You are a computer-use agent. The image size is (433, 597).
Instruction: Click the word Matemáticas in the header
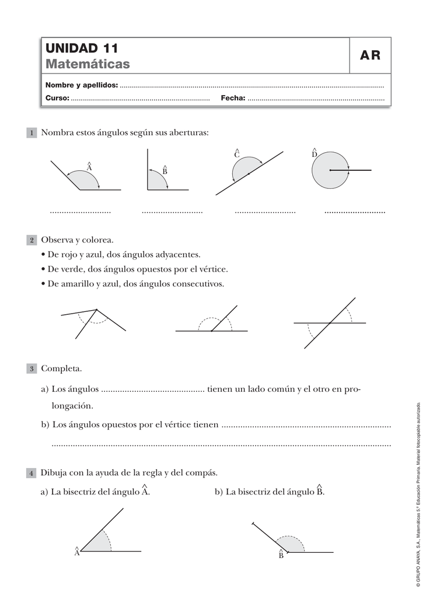pyautogui.click(x=88, y=64)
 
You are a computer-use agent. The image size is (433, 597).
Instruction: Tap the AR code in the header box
pyautogui.click(x=370, y=56)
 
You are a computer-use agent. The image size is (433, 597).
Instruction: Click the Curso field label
pyautogui.click(x=57, y=99)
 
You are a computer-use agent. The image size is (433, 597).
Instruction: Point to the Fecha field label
pyautogui.click(x=233, y=99)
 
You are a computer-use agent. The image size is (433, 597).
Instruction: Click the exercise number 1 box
pyautogui.click(x=32, y=134)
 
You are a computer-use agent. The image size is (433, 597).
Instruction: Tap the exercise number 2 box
pyautogui.click(x=32, y=241)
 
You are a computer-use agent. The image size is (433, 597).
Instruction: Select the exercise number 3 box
pyautogui.click(x=32, y=370)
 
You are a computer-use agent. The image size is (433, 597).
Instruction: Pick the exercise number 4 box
pyautogui.click(x=32, y=473)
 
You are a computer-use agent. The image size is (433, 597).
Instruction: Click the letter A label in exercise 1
pyautogui.click(x=89, y=167)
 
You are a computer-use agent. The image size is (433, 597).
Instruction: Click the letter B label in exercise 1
pyautogui.click(x=165, y=171)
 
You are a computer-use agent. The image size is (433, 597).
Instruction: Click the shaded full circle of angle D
pyautogui.click(x=327, y=175)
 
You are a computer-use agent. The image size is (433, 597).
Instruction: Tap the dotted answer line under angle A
pyautogui.click(x=81, y=212)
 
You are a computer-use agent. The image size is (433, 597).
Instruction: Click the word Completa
pyautogui.click(x=61, y=370)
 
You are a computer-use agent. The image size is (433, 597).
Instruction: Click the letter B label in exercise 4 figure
pyautogui.click(x=281, y=556)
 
